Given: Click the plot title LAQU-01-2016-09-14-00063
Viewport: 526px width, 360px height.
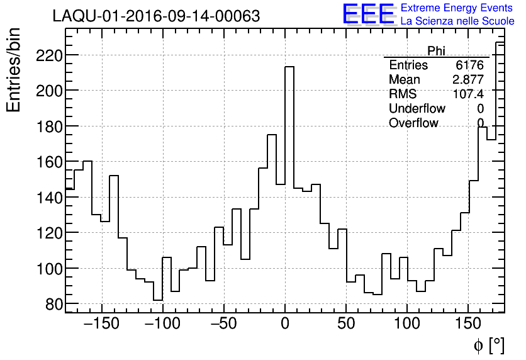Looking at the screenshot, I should tap(156, 16).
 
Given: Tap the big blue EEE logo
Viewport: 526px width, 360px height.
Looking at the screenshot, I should tap(368, 14).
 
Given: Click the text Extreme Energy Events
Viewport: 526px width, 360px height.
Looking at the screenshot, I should tap(457, 8).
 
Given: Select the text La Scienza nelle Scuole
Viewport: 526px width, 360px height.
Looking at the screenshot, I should tap(457, 21).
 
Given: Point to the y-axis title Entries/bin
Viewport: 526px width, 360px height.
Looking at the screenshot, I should tap(14, 70).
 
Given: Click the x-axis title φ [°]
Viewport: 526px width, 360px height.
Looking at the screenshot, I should tap(489, 345).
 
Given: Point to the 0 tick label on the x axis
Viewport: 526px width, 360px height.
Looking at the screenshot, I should tap(285, 324).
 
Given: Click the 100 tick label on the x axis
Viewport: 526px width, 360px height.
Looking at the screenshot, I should tap(407, 324).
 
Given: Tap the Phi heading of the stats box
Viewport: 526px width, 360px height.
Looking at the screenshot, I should tap(436, 51).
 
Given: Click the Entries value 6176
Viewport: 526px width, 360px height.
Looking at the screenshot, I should tap(469, 65).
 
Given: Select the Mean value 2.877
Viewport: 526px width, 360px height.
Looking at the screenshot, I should tap(467, 80).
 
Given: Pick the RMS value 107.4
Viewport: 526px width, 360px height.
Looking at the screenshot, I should tap(468, 94).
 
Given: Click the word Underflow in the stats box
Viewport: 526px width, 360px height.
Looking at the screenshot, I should tap(417, 109).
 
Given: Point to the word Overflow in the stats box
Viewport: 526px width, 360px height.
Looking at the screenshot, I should tap(413, 123).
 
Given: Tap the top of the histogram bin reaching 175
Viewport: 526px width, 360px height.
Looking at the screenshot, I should tap(272, 135).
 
